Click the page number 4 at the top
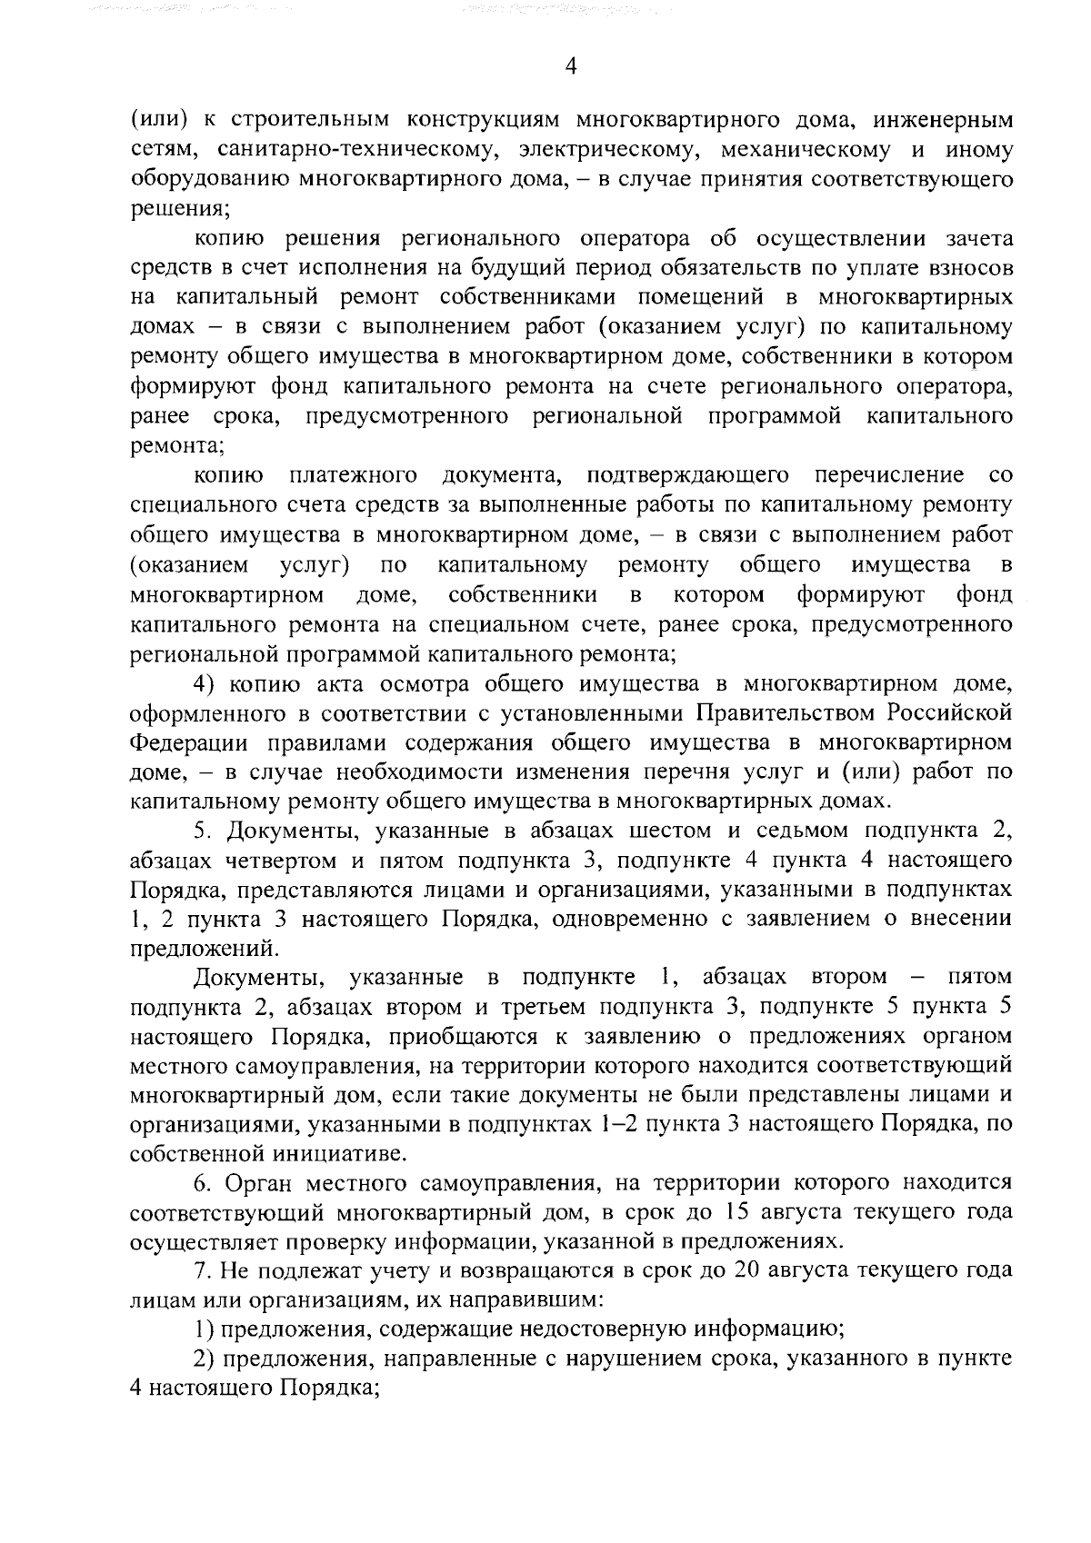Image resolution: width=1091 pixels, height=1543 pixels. click(x=571, y=65)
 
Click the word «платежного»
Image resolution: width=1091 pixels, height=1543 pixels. click(x=353, y=475)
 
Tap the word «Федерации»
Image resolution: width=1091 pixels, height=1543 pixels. click(x=189, y=742)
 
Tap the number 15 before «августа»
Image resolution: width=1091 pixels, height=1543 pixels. click(x=741, y=1213)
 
